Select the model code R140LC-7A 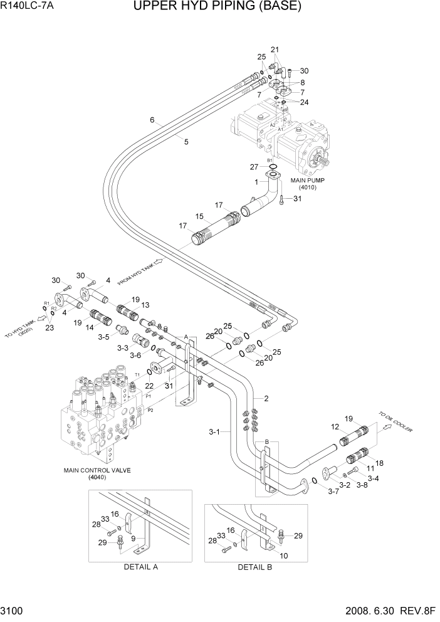[x=28, y=8]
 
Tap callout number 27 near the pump [x=253, y=167]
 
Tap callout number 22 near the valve [x=149, y=386]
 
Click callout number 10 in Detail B [x=283, y=556]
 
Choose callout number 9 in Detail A [x=133, y=537]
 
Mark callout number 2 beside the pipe [x=266, y=399]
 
